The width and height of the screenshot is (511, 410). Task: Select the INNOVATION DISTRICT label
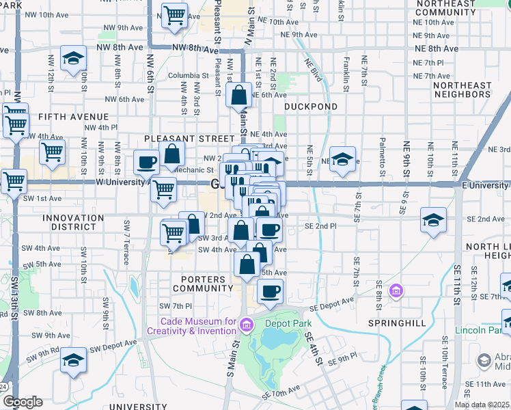tap(73, 218)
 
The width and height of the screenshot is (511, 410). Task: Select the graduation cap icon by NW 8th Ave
tap(73, 58)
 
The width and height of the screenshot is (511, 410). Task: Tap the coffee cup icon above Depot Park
tap(270, 291)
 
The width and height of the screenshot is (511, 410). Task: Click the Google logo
tap(23, 402)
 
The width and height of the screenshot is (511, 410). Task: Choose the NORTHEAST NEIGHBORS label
tap(471, 90)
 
